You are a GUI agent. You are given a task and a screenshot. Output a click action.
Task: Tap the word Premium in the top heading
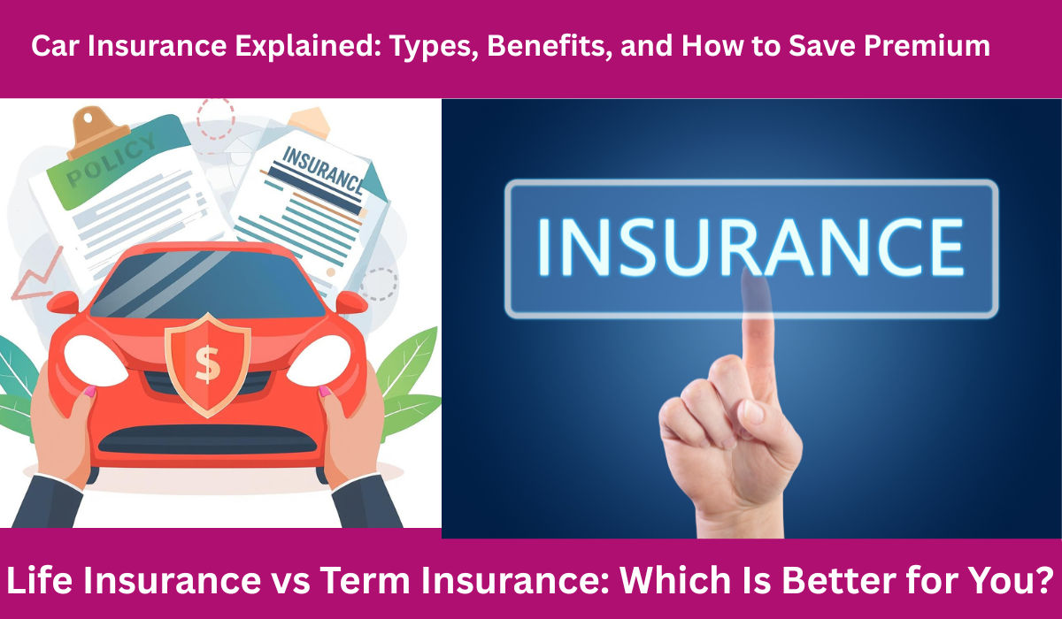click(927, 45)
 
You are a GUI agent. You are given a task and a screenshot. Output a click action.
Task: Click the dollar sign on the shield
click(207, 363)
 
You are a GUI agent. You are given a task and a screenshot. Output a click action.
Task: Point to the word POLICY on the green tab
click(112, 160)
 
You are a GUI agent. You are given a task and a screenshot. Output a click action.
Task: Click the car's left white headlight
click(95, 360)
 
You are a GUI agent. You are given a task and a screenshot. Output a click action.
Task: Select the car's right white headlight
click(319, 360)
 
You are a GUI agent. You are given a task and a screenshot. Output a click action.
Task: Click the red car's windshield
click(208, 284)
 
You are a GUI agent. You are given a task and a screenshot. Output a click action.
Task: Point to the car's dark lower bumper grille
click(208, 439)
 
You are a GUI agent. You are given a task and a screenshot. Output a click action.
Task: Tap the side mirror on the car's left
click(63, 302)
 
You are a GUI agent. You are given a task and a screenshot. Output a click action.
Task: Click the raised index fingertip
click(756, 283)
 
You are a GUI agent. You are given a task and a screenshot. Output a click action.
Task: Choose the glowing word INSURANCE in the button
click(750, 247)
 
